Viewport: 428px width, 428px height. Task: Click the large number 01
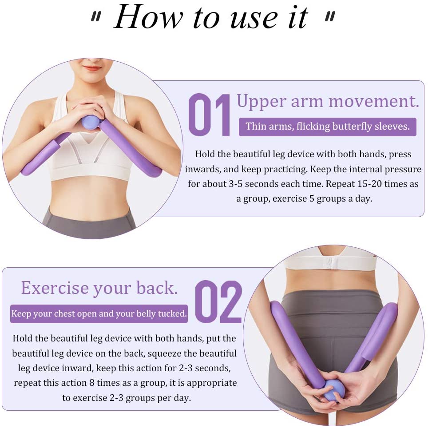[210, 115]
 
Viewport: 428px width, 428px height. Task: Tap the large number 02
[218, 302]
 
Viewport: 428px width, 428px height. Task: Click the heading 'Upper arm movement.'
[328, 101]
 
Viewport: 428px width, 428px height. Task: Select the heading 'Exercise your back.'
[99, 288]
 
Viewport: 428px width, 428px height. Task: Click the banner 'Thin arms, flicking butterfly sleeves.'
[327, 127]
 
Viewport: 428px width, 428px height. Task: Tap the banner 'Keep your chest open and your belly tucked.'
[99, 314]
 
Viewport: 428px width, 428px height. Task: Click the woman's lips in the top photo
[92, 68]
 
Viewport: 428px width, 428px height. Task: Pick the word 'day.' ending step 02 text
[181, 397]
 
